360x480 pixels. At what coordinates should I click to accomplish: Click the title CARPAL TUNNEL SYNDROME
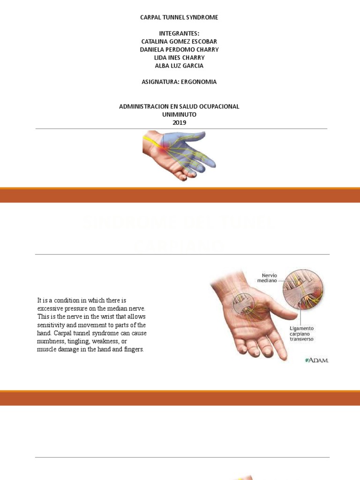click(180, 17)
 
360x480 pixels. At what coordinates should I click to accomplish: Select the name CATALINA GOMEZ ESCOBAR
click(180, 42)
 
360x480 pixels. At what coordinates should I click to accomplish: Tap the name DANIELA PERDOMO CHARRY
click(180, 50)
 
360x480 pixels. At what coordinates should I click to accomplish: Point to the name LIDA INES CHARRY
click(180, 58)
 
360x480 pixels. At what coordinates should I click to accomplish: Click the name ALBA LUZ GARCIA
click(180, 66)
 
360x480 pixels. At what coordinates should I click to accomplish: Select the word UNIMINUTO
click(180, 114)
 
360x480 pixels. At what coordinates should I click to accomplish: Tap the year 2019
click(180, 122)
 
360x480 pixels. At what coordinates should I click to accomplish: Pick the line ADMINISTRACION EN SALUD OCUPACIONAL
click(180, 106)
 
